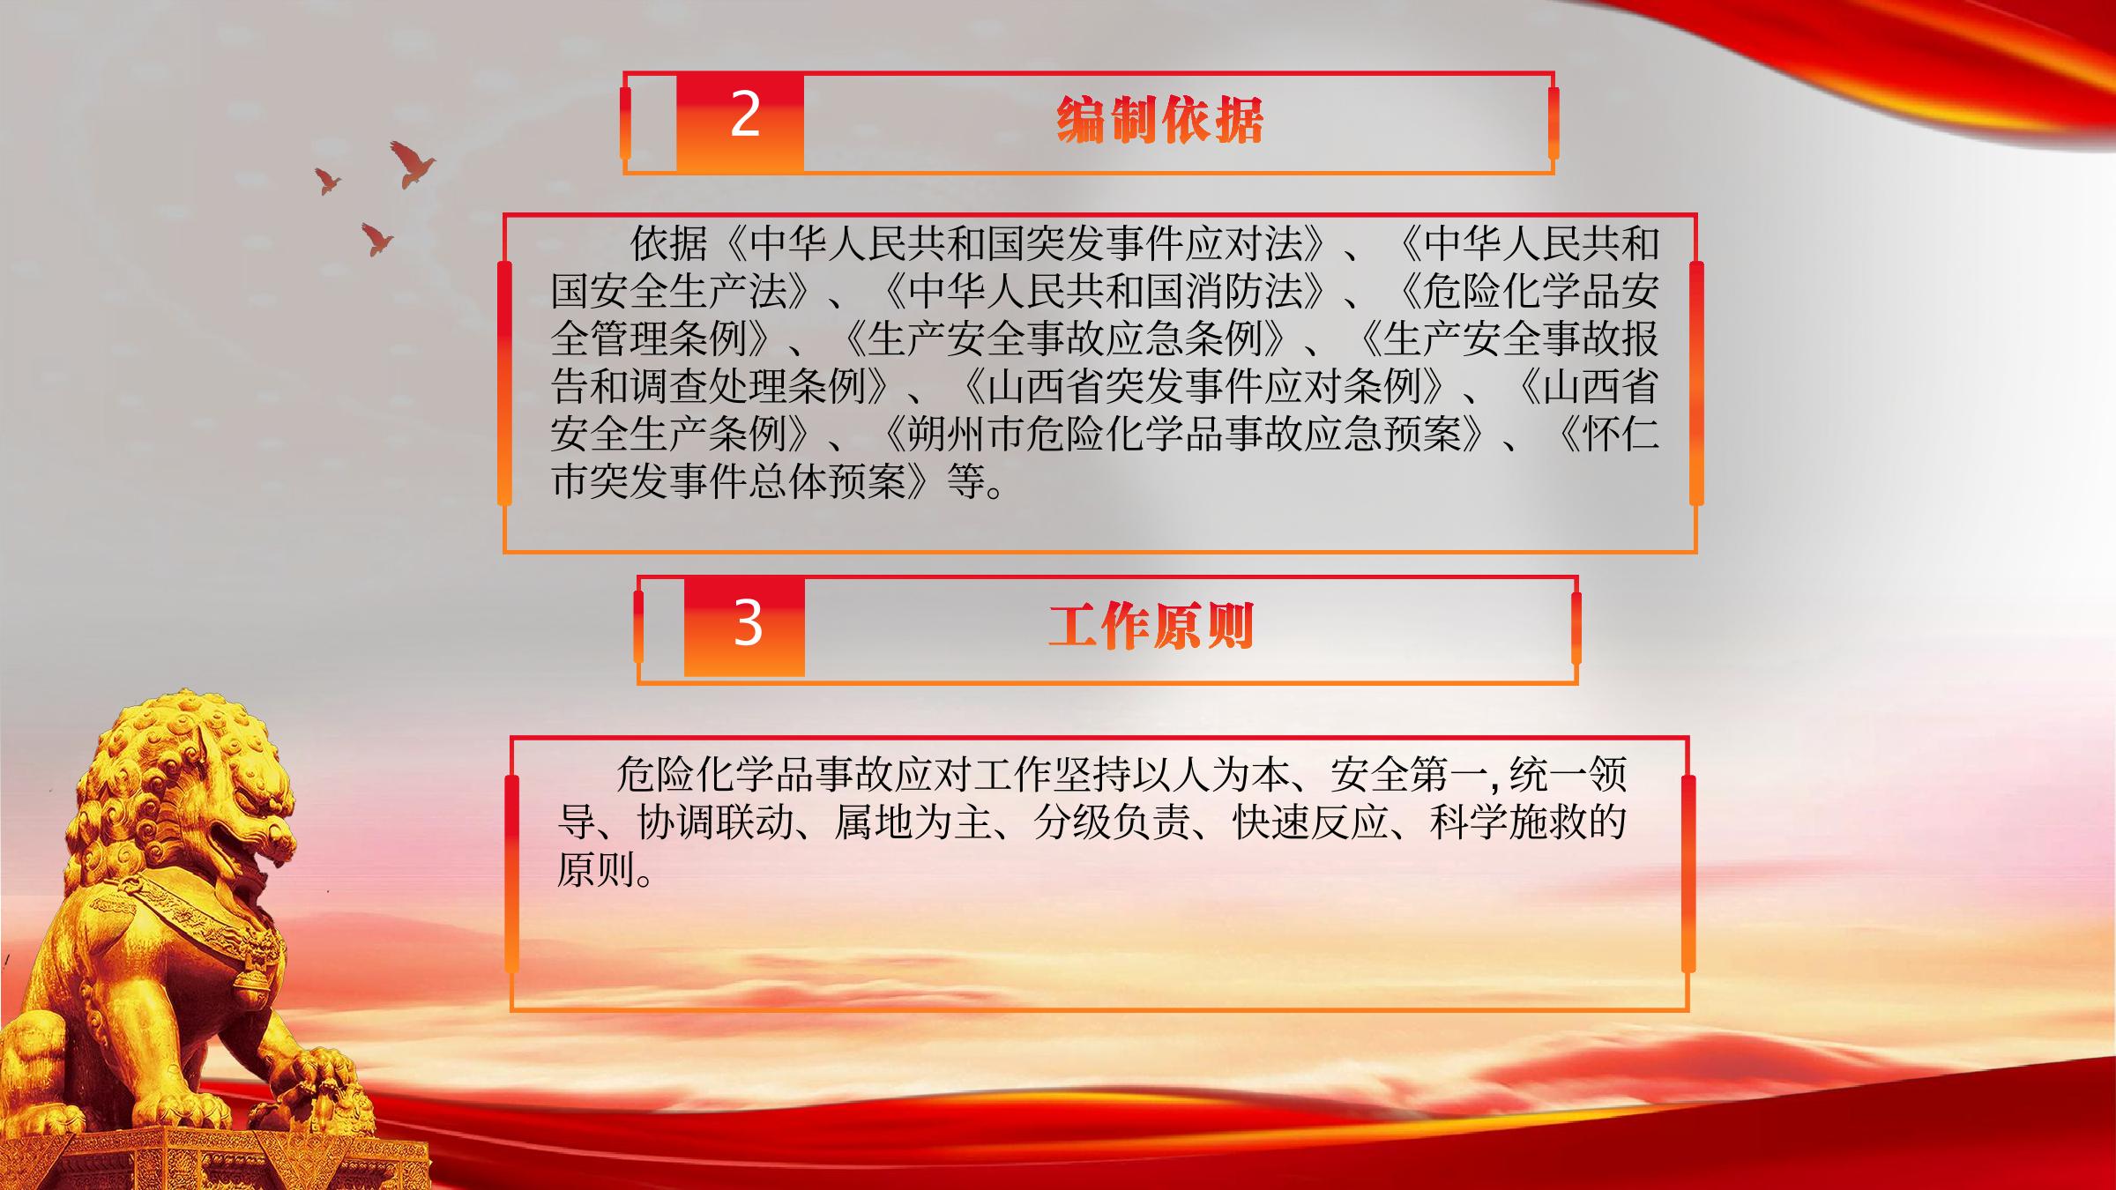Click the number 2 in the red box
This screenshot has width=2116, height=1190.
[745, 115]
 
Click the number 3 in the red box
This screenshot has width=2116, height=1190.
[748, 624]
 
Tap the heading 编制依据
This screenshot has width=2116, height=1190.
[1159, 120]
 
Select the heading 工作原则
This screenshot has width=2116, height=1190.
[1151, 627]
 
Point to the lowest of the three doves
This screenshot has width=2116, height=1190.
[376, 239]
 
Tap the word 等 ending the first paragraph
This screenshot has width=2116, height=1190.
[965, 481]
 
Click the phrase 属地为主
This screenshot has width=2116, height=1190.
[913, 822]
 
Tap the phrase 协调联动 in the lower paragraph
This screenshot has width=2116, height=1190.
[715, 822]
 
